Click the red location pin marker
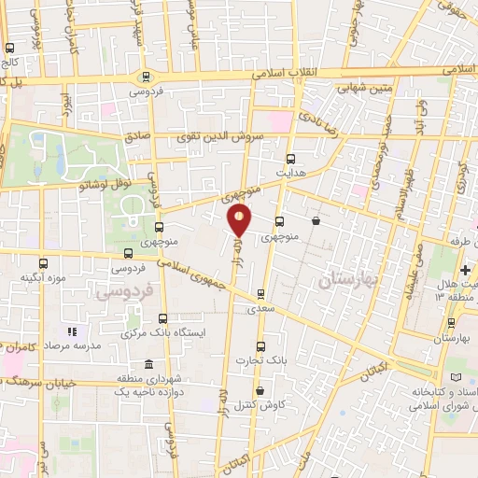coord(240,220)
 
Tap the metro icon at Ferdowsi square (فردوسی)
coord(144,77)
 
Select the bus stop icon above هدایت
coord(289,158)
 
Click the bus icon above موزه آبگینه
coord(43,264)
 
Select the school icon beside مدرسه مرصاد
coord(70,330)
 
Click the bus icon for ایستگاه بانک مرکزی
coord(162,318)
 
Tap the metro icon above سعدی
coord(260,293)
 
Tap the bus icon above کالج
coord(9,49)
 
